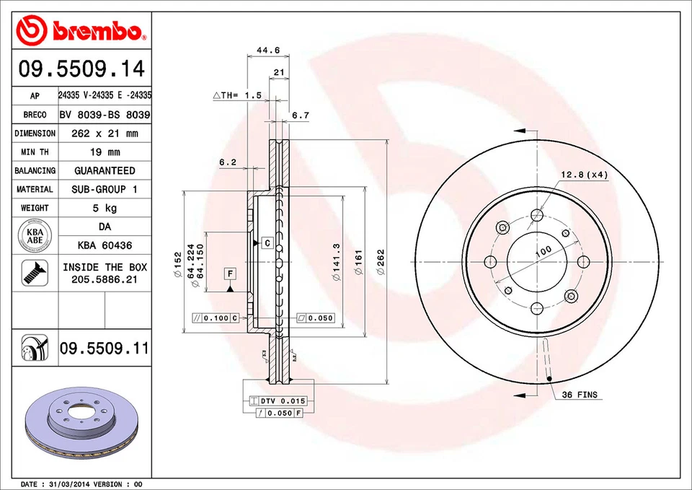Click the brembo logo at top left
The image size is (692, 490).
click(x=81, y=30)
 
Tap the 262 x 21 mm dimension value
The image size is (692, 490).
click(x=105, y=134)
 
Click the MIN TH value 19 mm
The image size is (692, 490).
click(x=105, y=152)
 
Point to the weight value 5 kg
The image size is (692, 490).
click(x=105, y=208)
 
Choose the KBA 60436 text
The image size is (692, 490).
click(x=105, y=246)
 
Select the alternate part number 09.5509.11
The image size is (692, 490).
click(x=105, y=349)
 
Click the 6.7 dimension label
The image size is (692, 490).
click(x=301, y=115)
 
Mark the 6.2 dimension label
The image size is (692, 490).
click(x=228, y=162)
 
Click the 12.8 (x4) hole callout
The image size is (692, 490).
click(x=585, y=175)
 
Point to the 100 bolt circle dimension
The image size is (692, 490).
click(x=543, y=250)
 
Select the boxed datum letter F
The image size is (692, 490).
click(x=230, y=274)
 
